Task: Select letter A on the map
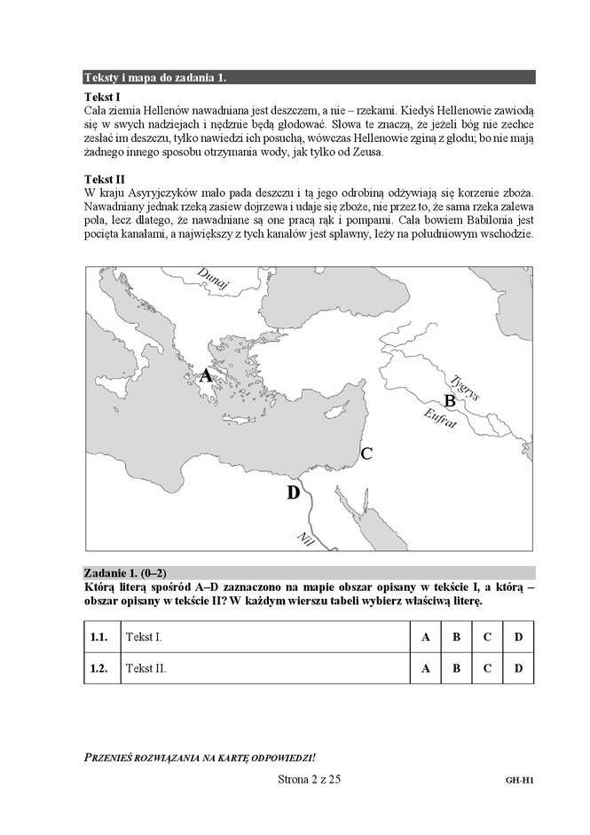pyautogui.click(x=205, y=375)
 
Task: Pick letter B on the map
pyautogui.click(x=449, y=401)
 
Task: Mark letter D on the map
pyautogui.click(x=294, y=492)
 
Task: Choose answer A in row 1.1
pyautogui.click(x=425, y=637)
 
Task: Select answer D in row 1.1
pyautogui.click(x=517, y=637)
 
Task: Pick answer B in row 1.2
pyautogui.click(x=455, y=668)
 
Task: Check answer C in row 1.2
pyautogui.click(x=486, y=668)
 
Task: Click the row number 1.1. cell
pyautogui.click(x=98, y=637)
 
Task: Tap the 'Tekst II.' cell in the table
pyautogui.click(x=146, y=668)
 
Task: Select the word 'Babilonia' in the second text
pyautogui.click(x=465, y=222)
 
